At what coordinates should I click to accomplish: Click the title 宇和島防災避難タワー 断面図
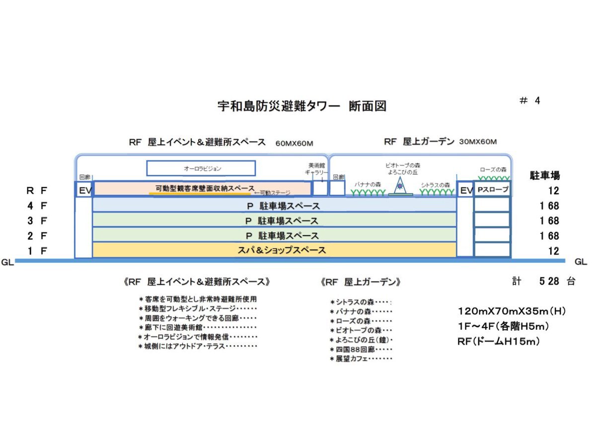[x=302, y=106]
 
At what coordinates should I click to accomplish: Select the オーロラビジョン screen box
[x=201, y=168]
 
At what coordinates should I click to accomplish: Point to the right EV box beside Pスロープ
[x=465, y=190]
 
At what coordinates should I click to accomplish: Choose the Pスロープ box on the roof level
[x=492, y=190]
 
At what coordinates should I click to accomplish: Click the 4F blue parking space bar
[x=274, y=205]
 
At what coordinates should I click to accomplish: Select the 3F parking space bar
[x=274, y=220]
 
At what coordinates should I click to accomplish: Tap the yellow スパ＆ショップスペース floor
[x=274, y=250]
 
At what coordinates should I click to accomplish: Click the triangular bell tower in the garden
[x=400, y=186]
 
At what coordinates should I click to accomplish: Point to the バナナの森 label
[x=368, y=184]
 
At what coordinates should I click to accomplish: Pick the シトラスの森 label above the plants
[x=435, y=184]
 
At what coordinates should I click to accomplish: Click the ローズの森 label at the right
[x=493, y=169]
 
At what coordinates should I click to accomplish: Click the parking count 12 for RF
[x=554, y=191]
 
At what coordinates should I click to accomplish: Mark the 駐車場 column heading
[x=545, y=175]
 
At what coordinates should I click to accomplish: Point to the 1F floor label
[x=37, y=251]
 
